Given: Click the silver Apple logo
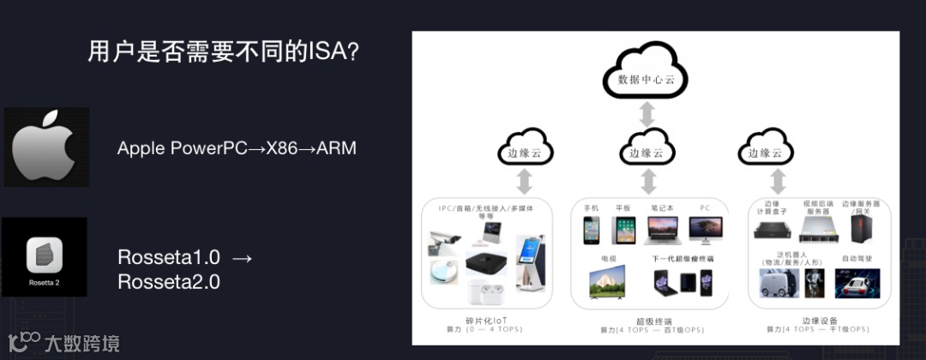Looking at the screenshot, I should pyautogui.click(x=46, y=147).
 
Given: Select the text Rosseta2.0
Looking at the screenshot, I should pyautogui.click(x=169, y=280).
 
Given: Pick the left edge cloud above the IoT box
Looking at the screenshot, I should pyautogui.click(x=525, y=149).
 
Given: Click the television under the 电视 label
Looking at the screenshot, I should pyautogui.click(x=607, y=282).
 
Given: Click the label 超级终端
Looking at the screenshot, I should pyautogui.click(x=649, y=320).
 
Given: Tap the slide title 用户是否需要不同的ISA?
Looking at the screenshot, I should pyautogui.click(x=224, y=52).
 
